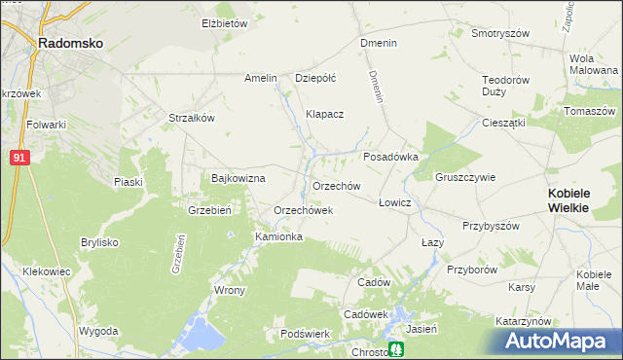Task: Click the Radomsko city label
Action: tap(69, 43)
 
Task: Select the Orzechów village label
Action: tap(337, 186)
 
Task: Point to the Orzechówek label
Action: tap(304, 210)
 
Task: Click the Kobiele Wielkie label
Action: tap(580, 200)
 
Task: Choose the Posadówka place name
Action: tap(390, 156)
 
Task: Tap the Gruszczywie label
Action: tap(466, 178)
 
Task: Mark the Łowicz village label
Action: tap(394, 202)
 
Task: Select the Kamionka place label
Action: tap(278, 236)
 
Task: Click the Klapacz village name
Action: tap(324, 114)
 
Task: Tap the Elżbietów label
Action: tap(225, 23)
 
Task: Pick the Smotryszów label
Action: tap(499, 32)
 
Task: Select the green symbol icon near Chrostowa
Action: tap(396, 349)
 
